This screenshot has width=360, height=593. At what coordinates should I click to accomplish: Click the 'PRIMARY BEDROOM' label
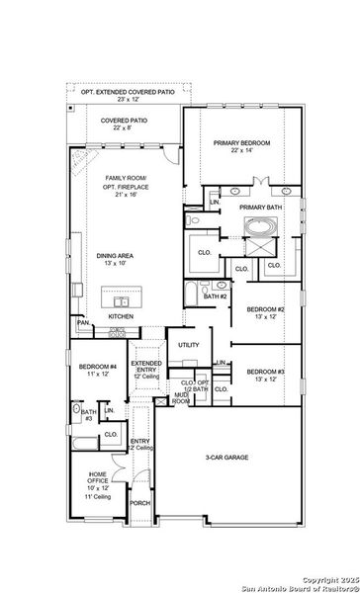click(241, 142)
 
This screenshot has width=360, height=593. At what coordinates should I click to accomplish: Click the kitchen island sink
click(123, 300)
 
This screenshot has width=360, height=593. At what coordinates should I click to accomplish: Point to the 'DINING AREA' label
click(116, 256)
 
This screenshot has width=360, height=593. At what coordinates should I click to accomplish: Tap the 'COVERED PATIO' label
click(124, 121)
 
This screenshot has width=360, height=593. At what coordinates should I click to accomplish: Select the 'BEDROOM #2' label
click(265, 309)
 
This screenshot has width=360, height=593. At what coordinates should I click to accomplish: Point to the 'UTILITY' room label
click(188, 345)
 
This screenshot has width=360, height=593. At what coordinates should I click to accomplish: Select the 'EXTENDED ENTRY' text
click(146, 367)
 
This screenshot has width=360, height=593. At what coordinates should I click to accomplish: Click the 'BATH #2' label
click(216, 296)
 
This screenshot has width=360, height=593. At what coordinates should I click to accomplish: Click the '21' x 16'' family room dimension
click(126, 195)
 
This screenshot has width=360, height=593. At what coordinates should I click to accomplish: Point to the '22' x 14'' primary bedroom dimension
click(241, 151)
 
